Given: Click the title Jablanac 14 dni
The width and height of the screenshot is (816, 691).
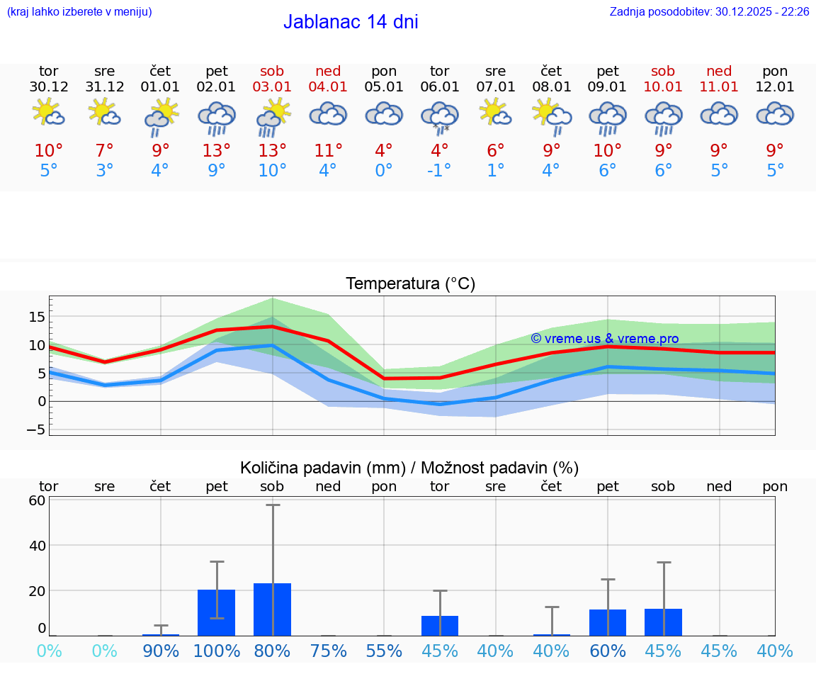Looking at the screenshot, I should (351, 22).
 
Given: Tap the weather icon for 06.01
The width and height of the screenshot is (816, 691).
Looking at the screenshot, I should (440, 117).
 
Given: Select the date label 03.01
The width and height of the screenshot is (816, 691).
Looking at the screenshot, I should (272, 87).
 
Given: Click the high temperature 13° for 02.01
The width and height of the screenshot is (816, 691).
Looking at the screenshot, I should (216, 150).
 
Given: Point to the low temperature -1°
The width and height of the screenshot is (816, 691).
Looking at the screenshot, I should (440, 171).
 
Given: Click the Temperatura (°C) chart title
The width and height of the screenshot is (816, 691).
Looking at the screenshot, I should (410, 284).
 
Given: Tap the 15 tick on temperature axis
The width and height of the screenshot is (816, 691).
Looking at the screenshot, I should (37, 316).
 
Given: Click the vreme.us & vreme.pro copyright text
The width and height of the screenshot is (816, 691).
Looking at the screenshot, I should (604, 339).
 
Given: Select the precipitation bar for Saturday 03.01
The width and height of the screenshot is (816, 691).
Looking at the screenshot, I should (272, 609).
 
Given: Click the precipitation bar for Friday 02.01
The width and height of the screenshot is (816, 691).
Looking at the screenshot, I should (216, 612).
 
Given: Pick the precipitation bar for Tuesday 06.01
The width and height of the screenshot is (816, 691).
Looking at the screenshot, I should (440, 626).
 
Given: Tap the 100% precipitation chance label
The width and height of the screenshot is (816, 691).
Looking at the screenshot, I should (216, 651).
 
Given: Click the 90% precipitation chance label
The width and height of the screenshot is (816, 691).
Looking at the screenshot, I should (161, 651).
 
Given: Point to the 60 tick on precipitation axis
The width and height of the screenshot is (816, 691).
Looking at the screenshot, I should (37, 500).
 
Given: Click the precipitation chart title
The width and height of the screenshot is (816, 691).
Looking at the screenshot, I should (409, 468).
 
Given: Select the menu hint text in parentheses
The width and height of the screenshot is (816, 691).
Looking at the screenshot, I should (79, 11).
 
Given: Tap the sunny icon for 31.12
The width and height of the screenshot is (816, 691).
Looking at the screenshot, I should (104, 112).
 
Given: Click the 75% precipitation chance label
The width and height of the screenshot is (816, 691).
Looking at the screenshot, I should (328, 651).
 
